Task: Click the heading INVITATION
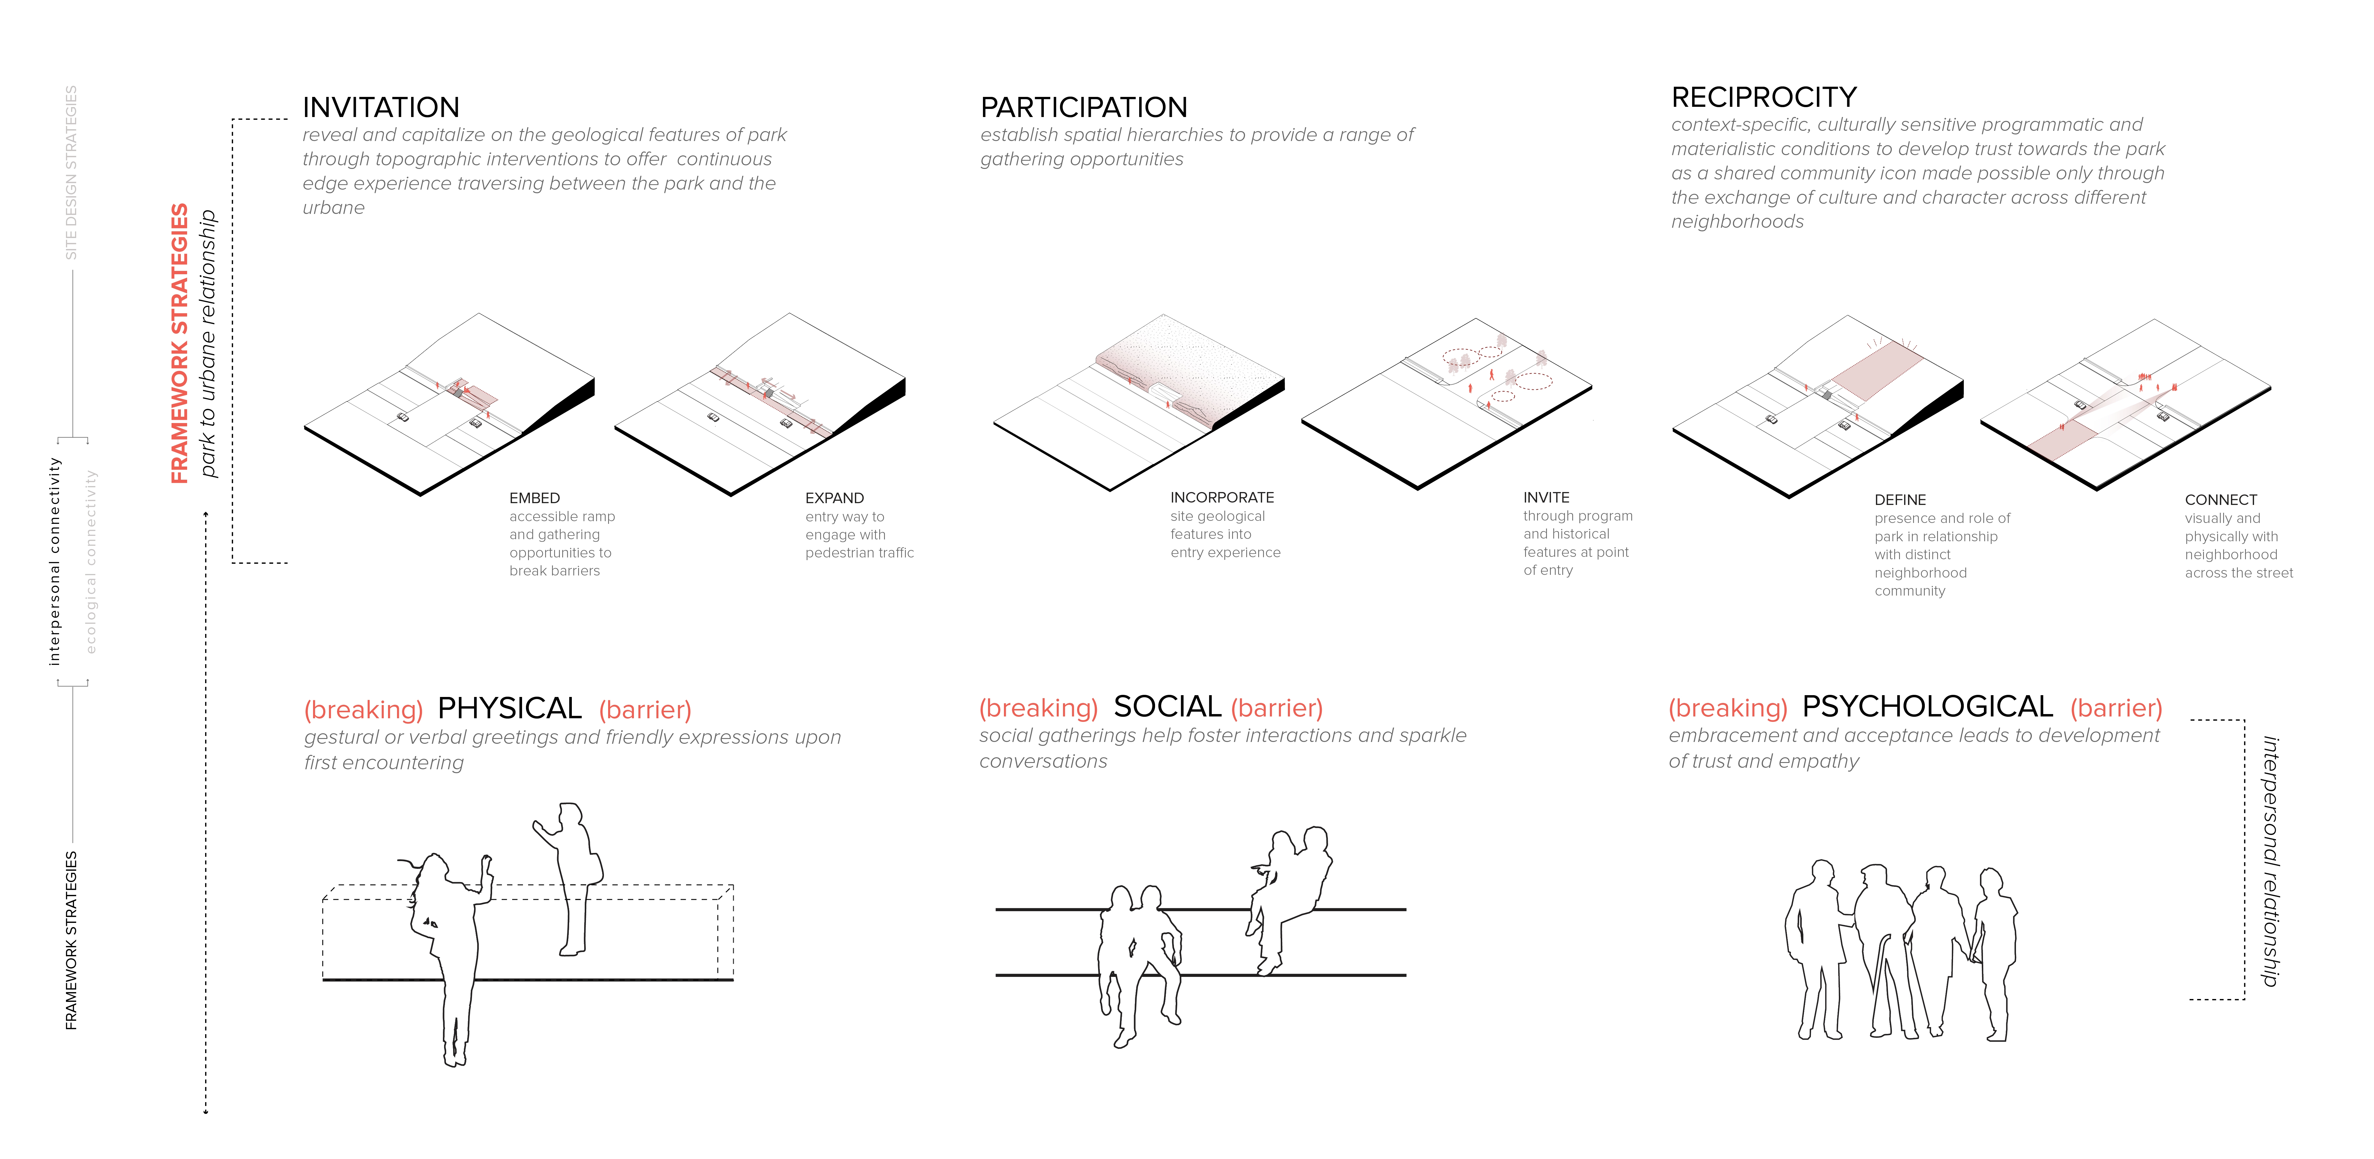381,107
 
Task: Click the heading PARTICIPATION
1084,107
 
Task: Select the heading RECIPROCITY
1764,97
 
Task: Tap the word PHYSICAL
510,708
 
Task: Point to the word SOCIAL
1168,706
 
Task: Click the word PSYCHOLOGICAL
1927,706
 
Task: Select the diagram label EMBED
535,498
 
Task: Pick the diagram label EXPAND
835,498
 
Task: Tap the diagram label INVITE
1546,497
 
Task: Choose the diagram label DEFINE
1900,500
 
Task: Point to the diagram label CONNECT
2221,500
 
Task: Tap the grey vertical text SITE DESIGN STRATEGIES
71,173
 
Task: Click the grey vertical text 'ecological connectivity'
90,562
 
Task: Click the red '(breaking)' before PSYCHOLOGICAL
1728,708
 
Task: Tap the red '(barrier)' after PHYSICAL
645,710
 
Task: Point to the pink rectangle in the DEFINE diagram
1876,371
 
